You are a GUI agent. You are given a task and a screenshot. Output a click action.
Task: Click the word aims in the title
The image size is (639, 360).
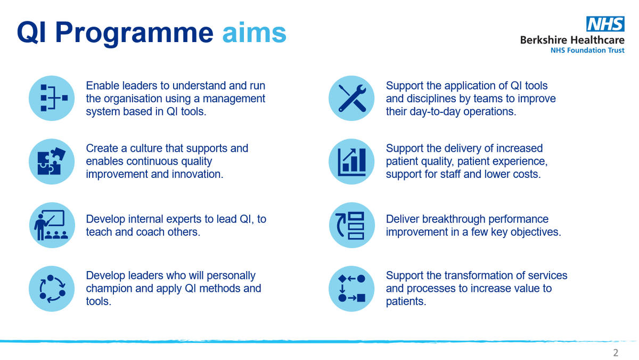[254, 33]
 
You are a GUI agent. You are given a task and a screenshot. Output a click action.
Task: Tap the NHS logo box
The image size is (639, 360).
[605, 24]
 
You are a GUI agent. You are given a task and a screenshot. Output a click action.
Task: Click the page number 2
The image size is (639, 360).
[616, 353]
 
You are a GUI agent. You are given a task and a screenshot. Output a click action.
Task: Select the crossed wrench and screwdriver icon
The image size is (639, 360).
[351, 98]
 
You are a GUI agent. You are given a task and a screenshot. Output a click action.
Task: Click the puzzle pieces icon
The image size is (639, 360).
[52, 161]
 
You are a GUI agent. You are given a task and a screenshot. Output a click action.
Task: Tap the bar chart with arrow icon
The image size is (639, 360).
[351, 161]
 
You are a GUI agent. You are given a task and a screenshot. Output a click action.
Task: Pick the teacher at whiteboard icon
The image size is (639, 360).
[52, 225]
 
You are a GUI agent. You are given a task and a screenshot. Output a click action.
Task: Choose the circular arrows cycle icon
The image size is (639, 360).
[52, 288]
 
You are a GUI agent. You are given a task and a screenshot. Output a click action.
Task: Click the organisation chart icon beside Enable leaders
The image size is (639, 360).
[52, 98]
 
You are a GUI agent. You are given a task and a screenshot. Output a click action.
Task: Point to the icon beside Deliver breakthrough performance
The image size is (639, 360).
[351, 225]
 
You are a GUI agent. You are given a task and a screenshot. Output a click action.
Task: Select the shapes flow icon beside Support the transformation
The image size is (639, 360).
[351, 288]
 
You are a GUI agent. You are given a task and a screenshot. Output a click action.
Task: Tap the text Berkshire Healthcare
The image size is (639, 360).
[572, 40]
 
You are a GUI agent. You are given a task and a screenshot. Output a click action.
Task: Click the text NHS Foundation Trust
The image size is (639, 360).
[587, 51]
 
